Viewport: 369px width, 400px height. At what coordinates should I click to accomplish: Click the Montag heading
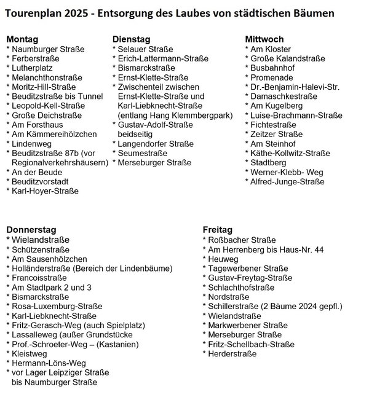point(22,38)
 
